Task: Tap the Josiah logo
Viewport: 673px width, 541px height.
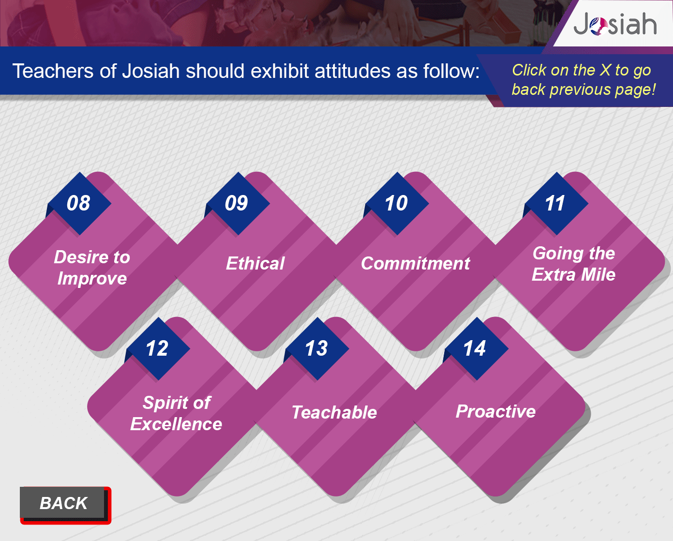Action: point(615,24)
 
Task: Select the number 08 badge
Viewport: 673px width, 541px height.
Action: point(78,203)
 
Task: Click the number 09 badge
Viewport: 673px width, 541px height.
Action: point(237,203)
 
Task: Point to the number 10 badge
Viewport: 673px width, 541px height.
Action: point(396,203)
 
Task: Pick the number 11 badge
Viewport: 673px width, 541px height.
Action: point(555,203)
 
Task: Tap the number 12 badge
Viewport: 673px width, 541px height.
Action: point(157,348)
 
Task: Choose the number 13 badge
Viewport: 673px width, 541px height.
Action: point(316,348)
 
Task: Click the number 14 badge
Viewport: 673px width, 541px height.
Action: point(475,348)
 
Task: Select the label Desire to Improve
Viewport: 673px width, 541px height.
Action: point(92,268)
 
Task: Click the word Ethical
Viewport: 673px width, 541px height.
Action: point(255,263)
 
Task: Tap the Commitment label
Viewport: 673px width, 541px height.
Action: point(415,263)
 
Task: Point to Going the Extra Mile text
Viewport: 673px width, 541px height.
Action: point(573,264)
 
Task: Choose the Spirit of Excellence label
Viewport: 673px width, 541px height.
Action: point(177,413)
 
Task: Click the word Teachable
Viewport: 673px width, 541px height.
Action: point(334,412)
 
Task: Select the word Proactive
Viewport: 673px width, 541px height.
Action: point(496,411)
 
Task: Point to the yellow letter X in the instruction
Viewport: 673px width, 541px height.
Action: point(605,70)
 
